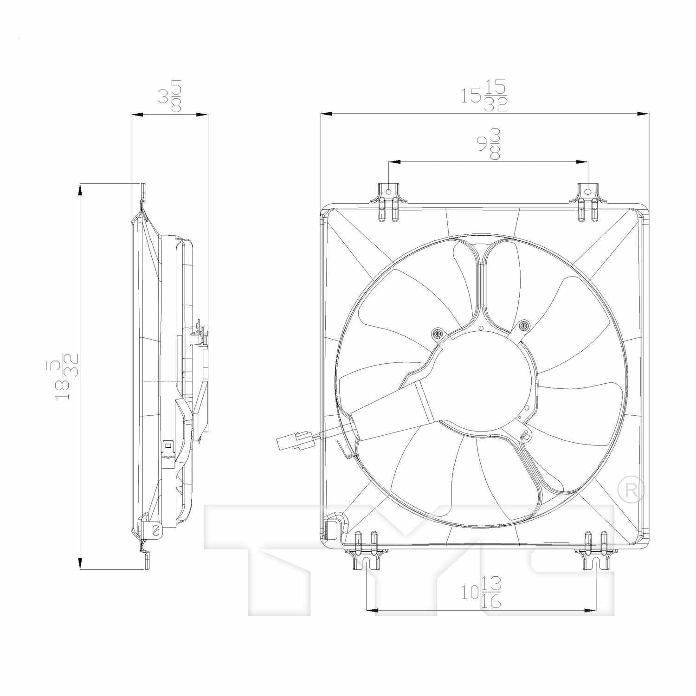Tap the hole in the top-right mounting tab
[588, 191]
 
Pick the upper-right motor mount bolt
[524, 326]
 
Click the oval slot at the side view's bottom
[156, 530]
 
